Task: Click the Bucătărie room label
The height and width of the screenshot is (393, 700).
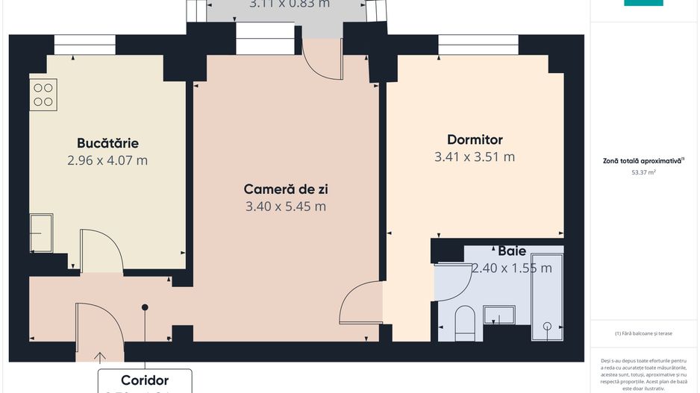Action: (x=107, y=143)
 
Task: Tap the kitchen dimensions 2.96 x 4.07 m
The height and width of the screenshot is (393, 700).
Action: (x=107, y=160)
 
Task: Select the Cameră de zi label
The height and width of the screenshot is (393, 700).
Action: (x=285, y=189)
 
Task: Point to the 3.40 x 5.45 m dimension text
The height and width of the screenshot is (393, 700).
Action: (x=285, y=207)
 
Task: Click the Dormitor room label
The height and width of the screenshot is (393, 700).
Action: (x=475, y=139)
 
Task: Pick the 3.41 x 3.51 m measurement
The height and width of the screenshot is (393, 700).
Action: (x=475, y=157)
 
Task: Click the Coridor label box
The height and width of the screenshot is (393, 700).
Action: (x=145, y=380)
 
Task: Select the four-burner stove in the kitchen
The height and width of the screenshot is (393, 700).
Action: (x=43, y=95)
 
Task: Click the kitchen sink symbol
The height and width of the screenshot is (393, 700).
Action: (x=41, y=233)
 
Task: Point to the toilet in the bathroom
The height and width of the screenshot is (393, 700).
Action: (x=464, y=321)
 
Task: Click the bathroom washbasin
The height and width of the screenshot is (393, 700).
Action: (x=499, y=315)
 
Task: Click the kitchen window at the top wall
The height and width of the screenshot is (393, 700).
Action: (x=84, y=45)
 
